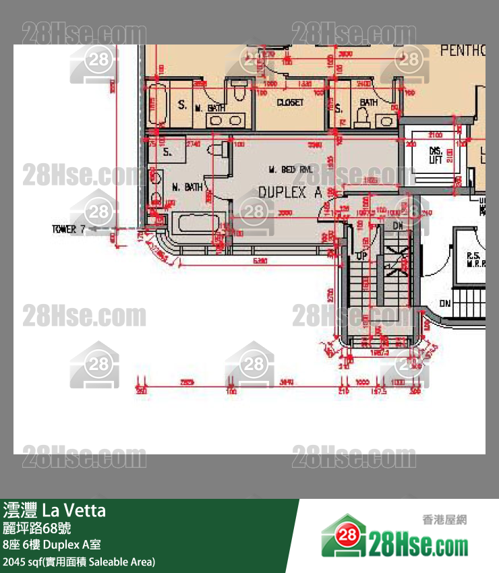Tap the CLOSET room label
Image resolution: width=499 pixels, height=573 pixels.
click(x=290, y=102)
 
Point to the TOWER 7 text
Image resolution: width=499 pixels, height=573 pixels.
click(x=68, y=229)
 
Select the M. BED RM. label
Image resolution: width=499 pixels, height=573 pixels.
click(x=290, y=169)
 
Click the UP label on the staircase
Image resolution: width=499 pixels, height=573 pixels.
click(x=361, y=257)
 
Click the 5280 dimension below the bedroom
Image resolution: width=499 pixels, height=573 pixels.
click(x=260, y=260)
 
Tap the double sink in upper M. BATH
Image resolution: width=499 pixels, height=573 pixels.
click(x=226, y=121)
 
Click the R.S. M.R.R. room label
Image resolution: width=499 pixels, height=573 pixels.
click(x=472, y=260)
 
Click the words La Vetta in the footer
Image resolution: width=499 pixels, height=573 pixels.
click(x=74, y=510)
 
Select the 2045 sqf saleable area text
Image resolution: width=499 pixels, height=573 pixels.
click(x=79, y=561)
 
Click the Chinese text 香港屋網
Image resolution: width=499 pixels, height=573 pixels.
click(x=444, y=520)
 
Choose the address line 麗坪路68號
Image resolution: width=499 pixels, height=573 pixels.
click(x=37, y=528)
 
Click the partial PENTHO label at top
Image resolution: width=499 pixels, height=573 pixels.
click(x=463, y=51)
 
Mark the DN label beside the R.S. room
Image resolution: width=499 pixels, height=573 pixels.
click(x=445, y=304)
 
